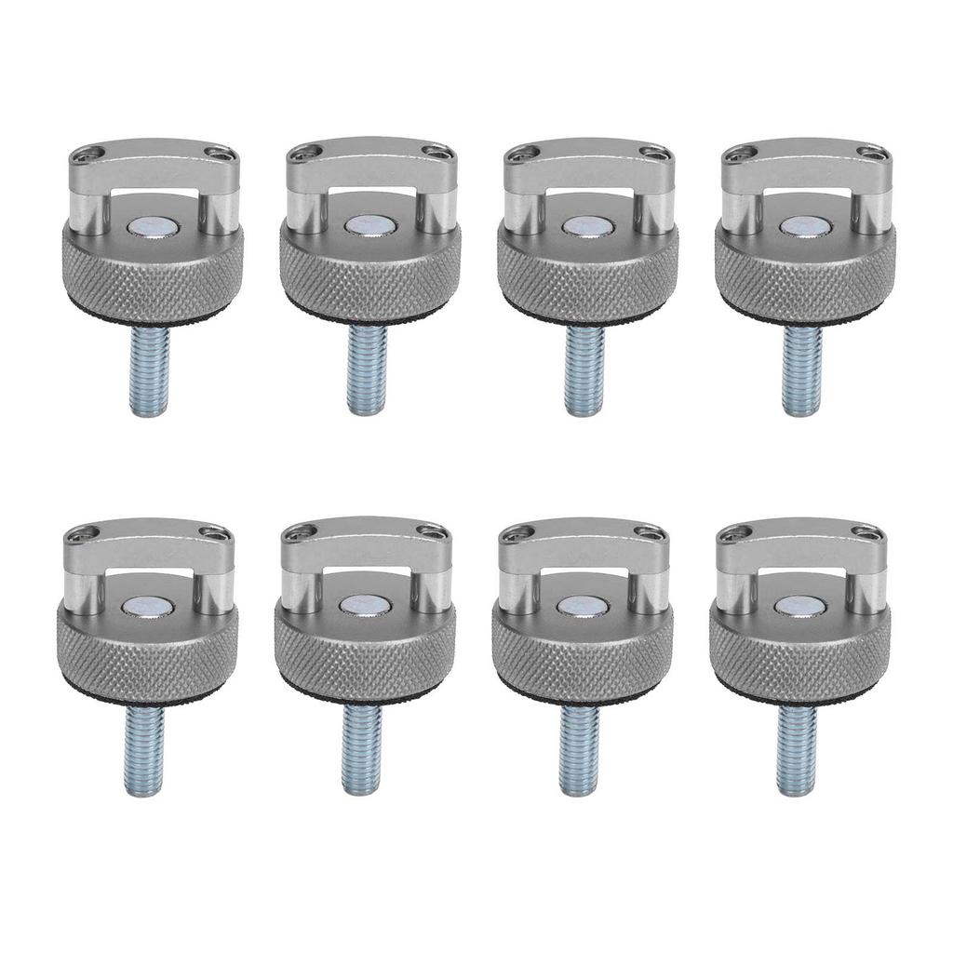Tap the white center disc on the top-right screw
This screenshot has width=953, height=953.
tap(799, 225)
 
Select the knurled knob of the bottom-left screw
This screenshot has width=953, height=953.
tap(147, 655)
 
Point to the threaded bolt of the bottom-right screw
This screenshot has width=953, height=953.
tap(798, 750)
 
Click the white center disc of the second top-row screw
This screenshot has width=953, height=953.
tap(364, 225)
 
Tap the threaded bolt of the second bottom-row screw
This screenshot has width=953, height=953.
tap(361, 750)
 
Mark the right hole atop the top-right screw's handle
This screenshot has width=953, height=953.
tap(872, 153)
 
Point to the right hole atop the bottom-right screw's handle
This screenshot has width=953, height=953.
tap(866, 532)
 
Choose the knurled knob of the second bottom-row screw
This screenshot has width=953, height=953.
tap(365, 655)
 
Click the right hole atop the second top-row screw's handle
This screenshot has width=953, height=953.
tap(436, 153)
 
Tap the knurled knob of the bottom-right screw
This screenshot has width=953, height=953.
tap(800, 655)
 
